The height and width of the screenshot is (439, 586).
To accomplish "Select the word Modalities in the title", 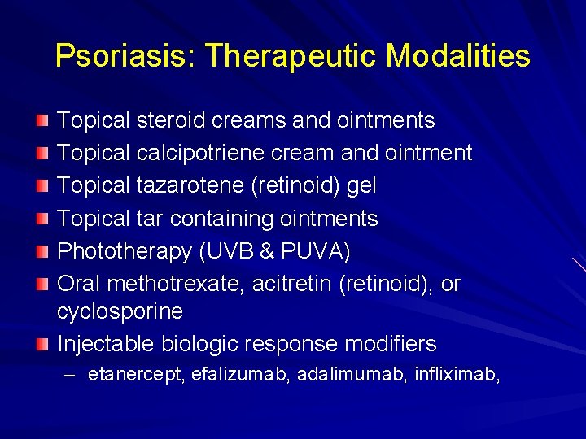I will pyautogui.click(x=458, y=56).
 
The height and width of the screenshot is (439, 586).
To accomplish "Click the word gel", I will pyautogui.click(x=361, y=186).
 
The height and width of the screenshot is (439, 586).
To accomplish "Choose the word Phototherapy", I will pyautogui.click(x=125, y=252).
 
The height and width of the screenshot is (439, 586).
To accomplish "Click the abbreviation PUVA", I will pyautogui.click(x=314, y=252).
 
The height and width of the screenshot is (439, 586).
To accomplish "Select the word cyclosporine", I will pyautogui.click(x=120, y=311).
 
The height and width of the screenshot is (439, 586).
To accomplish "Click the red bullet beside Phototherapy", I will pyautogui.click(x=42, y=251).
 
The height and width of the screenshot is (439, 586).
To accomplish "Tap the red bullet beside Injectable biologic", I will pyautogui.click(x=42, y=343).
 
